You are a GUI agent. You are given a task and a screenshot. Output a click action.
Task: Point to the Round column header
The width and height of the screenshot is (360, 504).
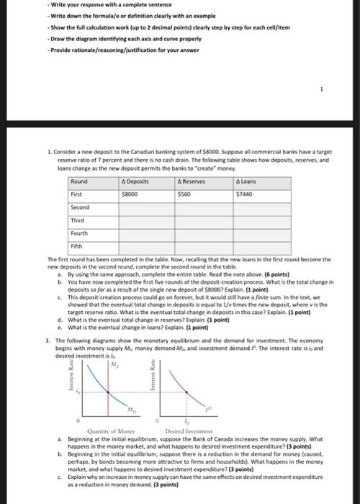pyautogui.click(x=80, y=181)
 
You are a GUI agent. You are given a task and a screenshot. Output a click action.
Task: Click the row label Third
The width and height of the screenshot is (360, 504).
pyautogui.click(x=78, y=220)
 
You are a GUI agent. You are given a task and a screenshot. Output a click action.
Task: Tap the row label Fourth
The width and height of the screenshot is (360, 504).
pyautogui.click(x=80, y=233)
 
